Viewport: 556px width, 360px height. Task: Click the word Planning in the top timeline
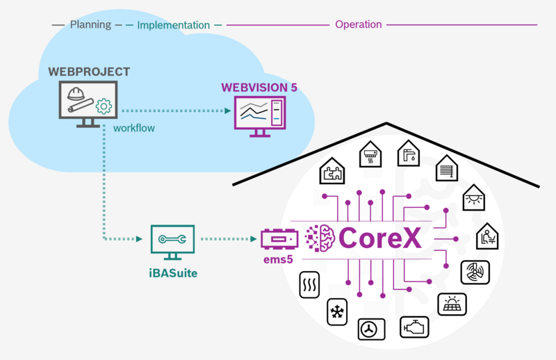(x=90, y=25)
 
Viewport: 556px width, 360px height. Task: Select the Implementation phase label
(x=173, y=25)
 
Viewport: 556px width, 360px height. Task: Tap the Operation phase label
(x=359, y=24)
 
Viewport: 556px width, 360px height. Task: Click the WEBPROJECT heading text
(x=89, y=72)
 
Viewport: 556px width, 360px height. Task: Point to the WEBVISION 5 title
(x=259, y=88)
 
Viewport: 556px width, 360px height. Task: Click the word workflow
(x=134, y=128)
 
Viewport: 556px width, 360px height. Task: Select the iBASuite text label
(x=173, y=273)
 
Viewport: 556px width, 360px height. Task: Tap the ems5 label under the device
(x=278, y=260)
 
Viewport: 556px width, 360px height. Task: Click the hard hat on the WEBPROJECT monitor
(x=76, y=94)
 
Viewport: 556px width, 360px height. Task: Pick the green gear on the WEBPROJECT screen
(x=104, y=106)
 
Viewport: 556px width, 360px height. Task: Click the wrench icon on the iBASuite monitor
(x=172, y=239)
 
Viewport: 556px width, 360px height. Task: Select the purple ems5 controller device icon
(x=279, y=239)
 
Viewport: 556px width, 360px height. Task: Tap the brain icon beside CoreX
(x=320, y=238)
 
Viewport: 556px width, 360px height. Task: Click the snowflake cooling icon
(x=337, y=312)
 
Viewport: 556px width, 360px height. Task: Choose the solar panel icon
(x=452, y=304)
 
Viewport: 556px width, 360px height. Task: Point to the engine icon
(x=414, y=327)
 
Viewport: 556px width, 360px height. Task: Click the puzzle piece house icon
(x=332, y=171)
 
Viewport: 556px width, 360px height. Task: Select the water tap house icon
(x=409, y=153)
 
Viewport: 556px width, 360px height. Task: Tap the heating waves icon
(x=309, y=285)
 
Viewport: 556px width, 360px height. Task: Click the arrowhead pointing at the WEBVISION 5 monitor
(x=228, y=111)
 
